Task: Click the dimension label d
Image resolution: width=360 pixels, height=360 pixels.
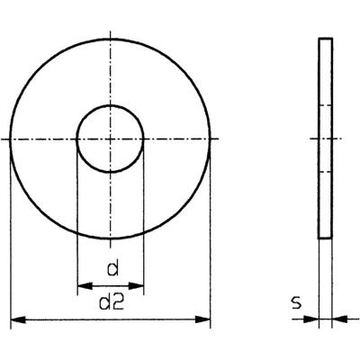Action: tap(112, 266)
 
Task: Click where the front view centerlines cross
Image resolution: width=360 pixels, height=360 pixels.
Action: tap(110, 139)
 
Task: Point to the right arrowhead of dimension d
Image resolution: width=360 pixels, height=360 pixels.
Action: tap(138, 284)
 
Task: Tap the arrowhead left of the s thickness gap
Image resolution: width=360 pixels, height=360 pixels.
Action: tap(314, 319)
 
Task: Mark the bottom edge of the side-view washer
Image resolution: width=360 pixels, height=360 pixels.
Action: tap(326, 238)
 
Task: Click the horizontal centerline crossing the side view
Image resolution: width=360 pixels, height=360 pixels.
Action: tap(326, 139)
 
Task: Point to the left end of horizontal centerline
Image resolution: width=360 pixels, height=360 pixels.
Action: tap(4, 139)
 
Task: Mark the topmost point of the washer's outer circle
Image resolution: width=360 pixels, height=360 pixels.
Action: tap(110, 39)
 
